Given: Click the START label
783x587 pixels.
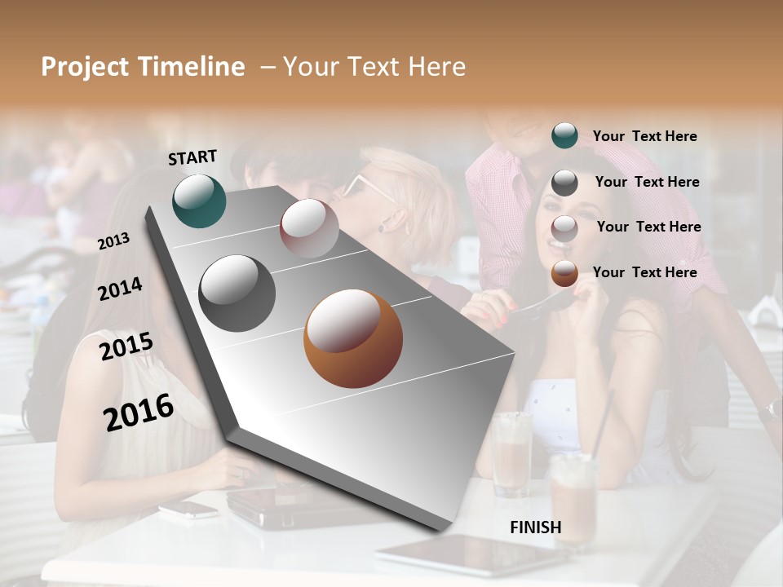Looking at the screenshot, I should [192, 157].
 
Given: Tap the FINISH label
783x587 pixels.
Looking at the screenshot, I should [535, 527].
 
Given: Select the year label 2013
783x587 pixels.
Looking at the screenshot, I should [113, 241].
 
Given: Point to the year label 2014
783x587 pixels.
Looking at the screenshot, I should [120, 289].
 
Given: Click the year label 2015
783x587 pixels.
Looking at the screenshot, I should [126, 346].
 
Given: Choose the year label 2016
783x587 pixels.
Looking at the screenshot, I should [139, 413].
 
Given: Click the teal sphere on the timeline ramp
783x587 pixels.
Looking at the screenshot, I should [199, 201].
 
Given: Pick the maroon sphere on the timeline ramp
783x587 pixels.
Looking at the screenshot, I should [309, 227].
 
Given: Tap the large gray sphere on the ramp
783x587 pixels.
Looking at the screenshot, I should [237, 293].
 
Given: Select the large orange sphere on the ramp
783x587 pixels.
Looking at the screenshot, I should [352, 338].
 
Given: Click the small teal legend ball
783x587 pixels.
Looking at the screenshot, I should [564, 135].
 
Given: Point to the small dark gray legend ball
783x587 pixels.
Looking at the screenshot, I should [564, 183].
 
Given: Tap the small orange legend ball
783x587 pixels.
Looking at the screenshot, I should [564, 273].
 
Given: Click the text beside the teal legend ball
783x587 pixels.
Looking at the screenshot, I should [644, 136].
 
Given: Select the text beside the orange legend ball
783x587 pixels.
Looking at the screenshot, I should [644, 272].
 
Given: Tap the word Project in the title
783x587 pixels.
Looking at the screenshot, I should [85, 67].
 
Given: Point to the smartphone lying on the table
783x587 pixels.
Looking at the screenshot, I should [188, 510].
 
